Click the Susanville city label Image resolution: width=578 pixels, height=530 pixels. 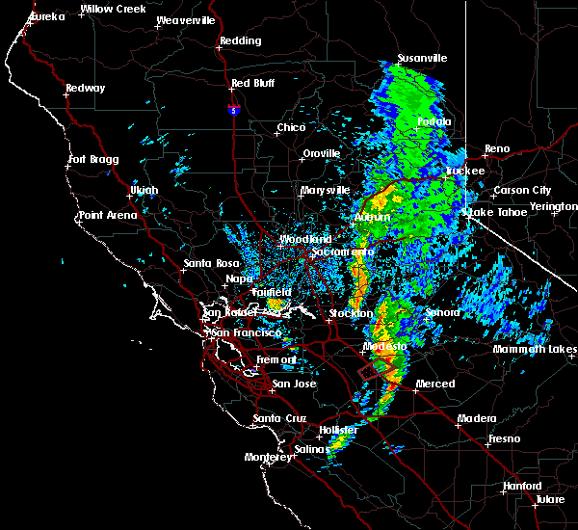tap(422, 58)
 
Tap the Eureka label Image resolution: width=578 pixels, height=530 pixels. tap(46, 17)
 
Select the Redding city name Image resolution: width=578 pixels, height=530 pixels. tap(240, 40)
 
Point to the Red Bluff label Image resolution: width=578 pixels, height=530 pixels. tap(252, 83)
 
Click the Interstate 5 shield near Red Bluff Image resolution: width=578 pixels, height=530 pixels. tap(234, 111)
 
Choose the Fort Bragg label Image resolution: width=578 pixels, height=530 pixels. tap(92, 159)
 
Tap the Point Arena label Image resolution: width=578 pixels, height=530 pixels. tap(108, 215)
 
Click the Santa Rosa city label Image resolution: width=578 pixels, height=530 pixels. tap(212, 262)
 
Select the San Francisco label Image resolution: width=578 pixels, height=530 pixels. tap(246, 332)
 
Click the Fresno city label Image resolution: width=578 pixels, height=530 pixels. tap(504, 438)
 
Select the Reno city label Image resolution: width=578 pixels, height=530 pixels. tap(497, 148)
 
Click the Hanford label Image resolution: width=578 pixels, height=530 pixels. tap(523, 487)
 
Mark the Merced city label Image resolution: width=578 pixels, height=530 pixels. tap(435, 384)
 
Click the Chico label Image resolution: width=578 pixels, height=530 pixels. tap(291, 127)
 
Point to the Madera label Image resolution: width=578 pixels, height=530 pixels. tap(478, 418)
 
